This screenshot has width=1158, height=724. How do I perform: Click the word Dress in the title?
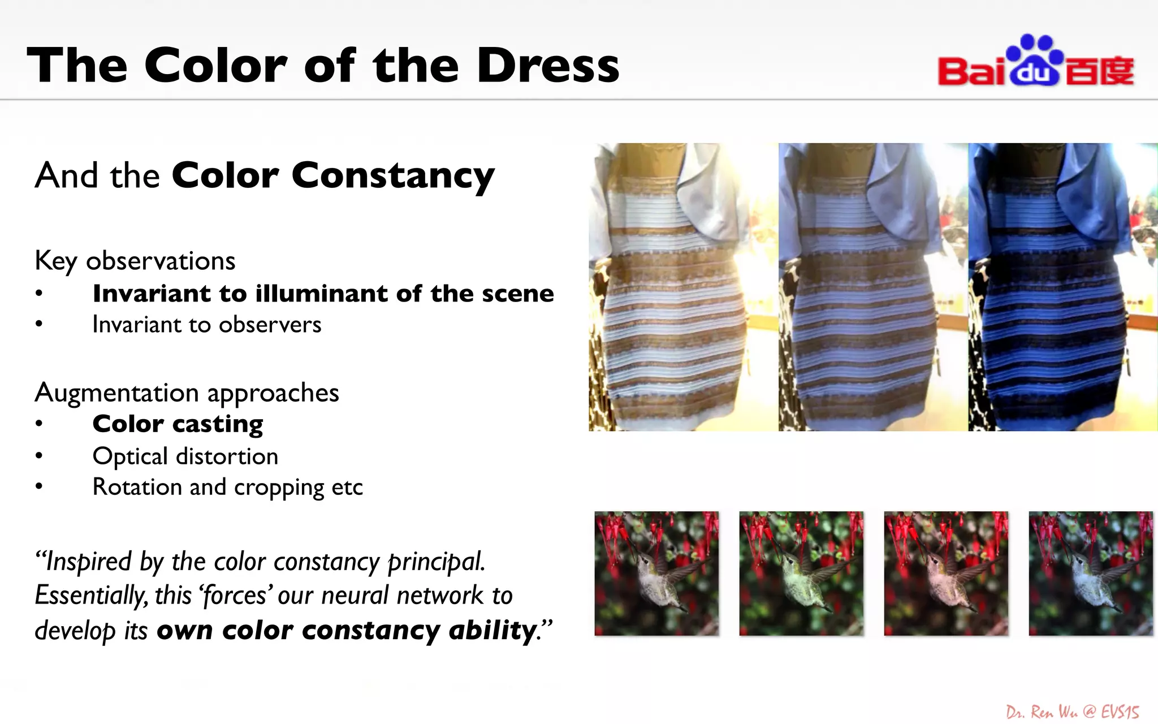pos(548,66)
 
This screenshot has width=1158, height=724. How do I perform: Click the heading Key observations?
pos(135,261)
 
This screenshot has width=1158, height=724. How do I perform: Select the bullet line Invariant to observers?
pos(206,325)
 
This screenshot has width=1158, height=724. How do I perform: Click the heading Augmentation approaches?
pos(187,393)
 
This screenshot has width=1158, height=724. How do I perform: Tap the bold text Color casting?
pos(178,424)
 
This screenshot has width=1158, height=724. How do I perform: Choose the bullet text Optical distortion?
pos(185,456)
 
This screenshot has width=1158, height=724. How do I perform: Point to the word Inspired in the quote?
pos(88,562)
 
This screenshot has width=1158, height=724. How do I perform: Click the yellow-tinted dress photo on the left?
pos(683,287)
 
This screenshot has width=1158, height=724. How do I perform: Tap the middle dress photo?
pos(873,287)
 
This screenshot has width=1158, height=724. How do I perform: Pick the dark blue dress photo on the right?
pos(1063,287)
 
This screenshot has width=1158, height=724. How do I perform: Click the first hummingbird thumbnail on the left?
pos(656,574)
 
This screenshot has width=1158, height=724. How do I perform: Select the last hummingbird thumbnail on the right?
pos(1091,574)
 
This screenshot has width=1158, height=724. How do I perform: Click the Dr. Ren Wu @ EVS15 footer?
pos(1072,712)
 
